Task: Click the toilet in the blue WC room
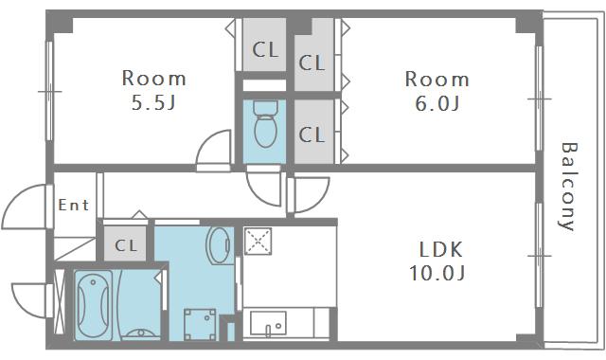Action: [265, 123]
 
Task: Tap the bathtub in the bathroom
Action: [93, 305]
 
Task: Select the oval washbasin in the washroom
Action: [220, 245]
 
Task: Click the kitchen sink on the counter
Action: [268, 323]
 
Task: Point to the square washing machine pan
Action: [200, 324]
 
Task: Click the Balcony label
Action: [568, 187]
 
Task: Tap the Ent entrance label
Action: [74, 205]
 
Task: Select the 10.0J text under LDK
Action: [437, 274]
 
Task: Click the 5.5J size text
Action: [153, 102]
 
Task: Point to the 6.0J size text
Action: [437, 103]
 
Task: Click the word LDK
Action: [440, 250]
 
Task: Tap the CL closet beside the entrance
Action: [125, 244]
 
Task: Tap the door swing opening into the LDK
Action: [320, 198]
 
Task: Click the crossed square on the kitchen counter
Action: [258, 242]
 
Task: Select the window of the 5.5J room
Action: [49, 91]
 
